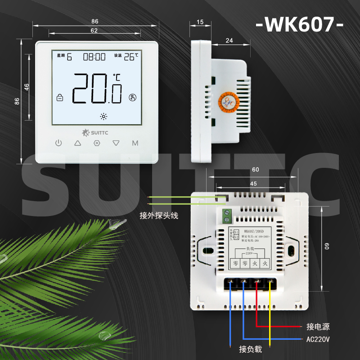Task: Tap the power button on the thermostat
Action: pos(58,143)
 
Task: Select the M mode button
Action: pos(135,143)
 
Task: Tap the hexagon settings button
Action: pos(96,143)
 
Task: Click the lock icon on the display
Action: pos(59,97)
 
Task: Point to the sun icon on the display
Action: pos(104,116)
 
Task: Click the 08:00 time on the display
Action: pos(94,57)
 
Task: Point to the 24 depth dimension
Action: pos(229,41)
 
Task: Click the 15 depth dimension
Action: pos(200,22)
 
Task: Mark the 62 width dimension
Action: pos(94,31)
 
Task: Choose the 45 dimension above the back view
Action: pos(254,184)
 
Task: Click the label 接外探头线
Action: pos(159,216)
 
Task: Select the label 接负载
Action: pos(250,349)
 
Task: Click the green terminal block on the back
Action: pos(227,216)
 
